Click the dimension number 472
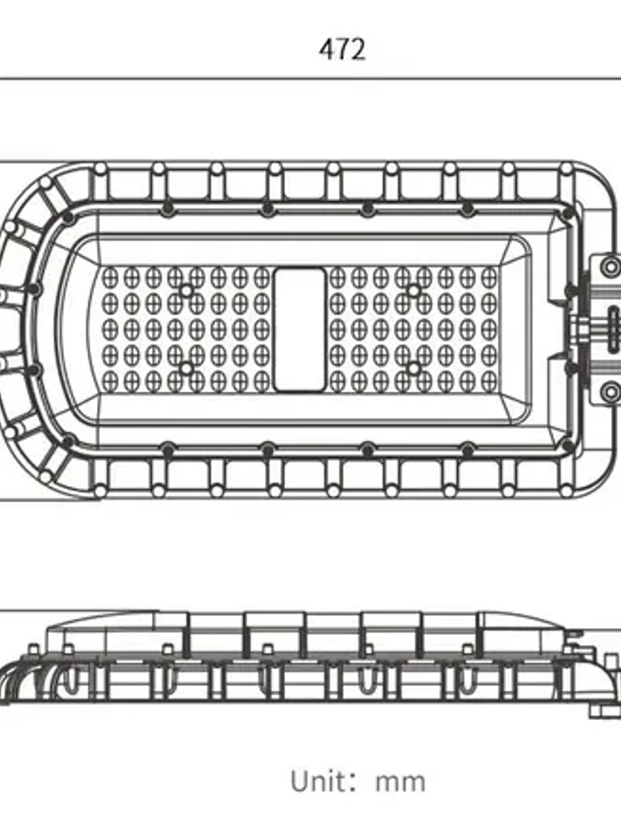click(342, 50)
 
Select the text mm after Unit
click(400, 784)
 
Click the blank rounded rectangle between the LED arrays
click(300, 330)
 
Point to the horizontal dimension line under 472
click(310, 79)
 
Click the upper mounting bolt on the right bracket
click(611, 267)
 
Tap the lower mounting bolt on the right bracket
click(611, 392)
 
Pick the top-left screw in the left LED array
click(186, 291)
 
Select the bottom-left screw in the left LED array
click(186, 368)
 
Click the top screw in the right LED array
click(414, 291)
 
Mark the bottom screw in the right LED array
click(414, 368)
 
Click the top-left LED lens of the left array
click(110, 278)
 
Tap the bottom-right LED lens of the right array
click(489, 381)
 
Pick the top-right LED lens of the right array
click(489, 278)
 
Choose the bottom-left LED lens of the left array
click(110, 381)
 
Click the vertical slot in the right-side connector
click(614, 329)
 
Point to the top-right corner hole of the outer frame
click(567, 169)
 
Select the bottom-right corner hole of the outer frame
click(567, 491)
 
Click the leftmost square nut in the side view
click(34, 649)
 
